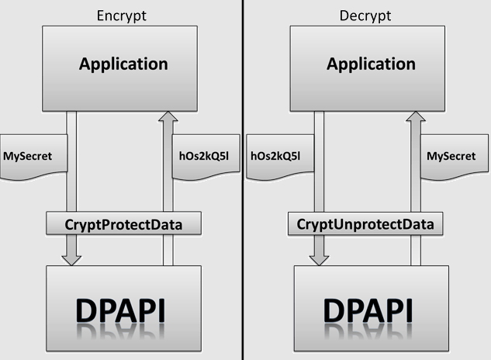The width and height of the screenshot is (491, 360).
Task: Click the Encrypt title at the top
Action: click(x=123, y=16)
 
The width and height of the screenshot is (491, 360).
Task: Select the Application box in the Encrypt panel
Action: click(x=123, y=64)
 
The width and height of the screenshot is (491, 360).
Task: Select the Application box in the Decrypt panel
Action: click(x=370, y=64)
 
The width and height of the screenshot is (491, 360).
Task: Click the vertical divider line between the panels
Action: click(x=243, y=180)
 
